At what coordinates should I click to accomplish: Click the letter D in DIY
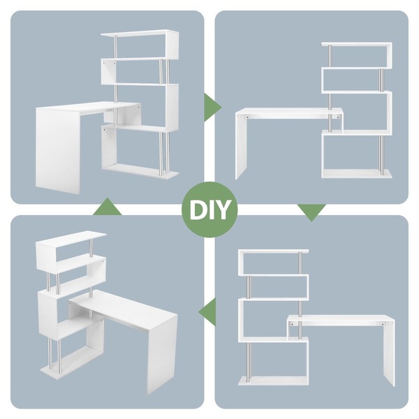198,210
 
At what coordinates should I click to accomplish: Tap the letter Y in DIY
221,210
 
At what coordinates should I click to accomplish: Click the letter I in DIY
209,210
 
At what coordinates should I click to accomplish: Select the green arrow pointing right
213,108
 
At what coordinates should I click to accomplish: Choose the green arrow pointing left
207,312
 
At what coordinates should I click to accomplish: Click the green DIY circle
209,209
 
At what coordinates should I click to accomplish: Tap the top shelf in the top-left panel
140,34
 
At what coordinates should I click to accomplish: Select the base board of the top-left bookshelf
140,170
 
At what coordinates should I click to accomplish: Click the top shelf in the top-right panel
357,45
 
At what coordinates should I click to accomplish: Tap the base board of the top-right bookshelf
356,173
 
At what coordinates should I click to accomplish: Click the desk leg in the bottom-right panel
388,351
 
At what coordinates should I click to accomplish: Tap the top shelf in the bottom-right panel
274,251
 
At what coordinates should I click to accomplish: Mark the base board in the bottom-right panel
273,381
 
